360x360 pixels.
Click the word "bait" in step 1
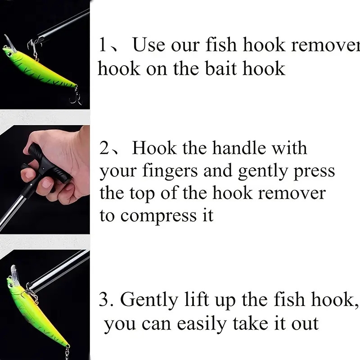221,68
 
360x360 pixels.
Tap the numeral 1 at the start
103,45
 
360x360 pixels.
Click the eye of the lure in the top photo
7,52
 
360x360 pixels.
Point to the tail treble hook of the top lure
76,95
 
